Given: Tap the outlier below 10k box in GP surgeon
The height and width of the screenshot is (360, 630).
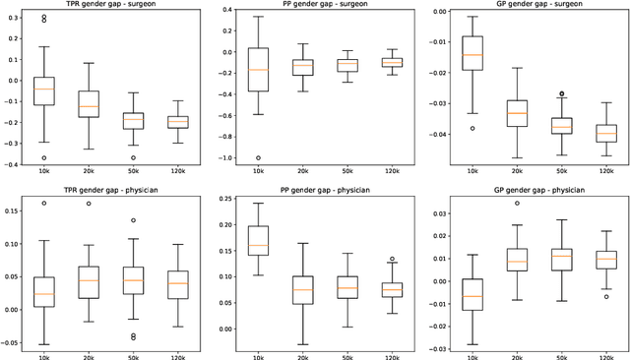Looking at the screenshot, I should (472, 128).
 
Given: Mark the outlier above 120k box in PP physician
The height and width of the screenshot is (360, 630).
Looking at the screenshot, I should (391, 260).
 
